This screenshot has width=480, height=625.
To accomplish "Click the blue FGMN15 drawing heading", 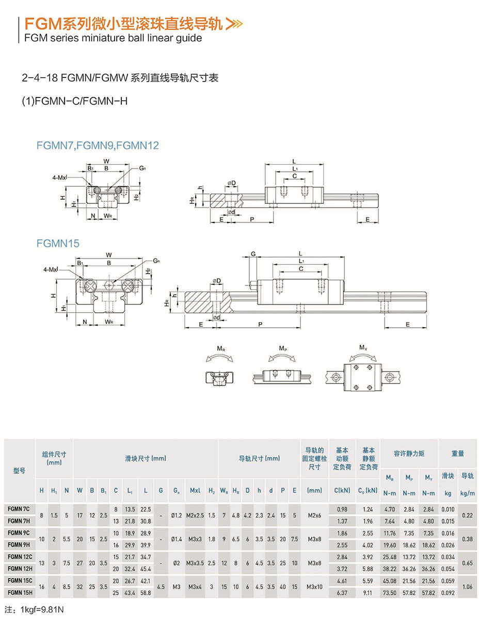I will (58, 243).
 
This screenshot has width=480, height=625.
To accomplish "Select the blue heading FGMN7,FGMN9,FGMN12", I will (98, 146).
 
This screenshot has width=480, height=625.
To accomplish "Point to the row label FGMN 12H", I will (20, 569).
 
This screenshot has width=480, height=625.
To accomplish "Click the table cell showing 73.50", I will (390, 593).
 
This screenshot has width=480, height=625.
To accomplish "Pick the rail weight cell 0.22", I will (467, 515).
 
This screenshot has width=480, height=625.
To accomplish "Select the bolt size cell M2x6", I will (314, 515).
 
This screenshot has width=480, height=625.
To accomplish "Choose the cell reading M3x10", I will (314, 587).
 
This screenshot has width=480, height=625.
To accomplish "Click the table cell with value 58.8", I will (146, 593).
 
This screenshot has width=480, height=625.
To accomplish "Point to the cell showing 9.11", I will (367, 593).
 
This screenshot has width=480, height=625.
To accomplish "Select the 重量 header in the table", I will (458, 453).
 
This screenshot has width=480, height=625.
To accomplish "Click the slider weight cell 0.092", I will (448, 593).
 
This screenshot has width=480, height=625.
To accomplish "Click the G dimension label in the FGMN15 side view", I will (253, 253).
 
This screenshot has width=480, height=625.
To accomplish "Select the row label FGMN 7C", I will (20, 509).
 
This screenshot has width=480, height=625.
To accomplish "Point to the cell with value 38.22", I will (390, 569).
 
